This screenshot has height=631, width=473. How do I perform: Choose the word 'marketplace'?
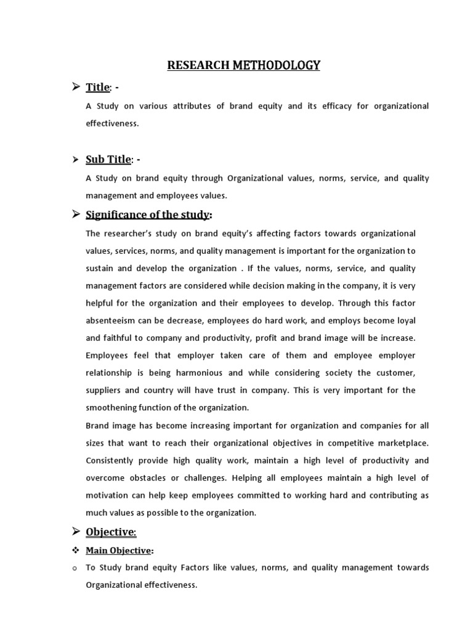tap(400, 443)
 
